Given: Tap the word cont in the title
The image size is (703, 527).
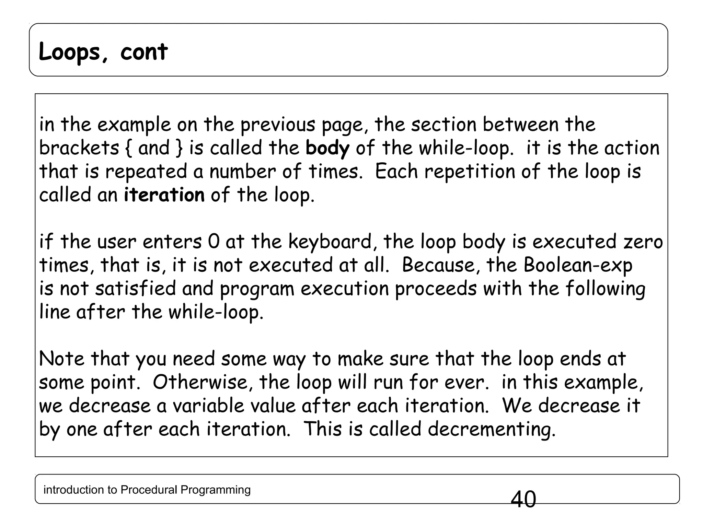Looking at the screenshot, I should click(144, 52).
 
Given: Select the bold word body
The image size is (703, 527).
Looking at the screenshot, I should click(327, 148).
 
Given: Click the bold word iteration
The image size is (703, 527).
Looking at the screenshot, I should click(164, 195).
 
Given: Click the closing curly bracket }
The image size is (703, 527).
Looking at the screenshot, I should click(179, 148).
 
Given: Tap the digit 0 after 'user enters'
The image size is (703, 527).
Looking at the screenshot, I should click(214, 242).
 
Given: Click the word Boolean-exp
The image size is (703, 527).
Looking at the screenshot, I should click(578, 265).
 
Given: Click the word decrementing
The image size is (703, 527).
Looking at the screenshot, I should click(491, 429).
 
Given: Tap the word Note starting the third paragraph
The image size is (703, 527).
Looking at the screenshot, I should click(61, 359).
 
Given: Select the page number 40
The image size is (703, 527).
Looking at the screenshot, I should click(523, 499).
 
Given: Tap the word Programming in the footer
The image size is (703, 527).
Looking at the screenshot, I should click(215, 490).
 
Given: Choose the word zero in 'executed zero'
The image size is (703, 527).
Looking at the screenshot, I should click(643, 242).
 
